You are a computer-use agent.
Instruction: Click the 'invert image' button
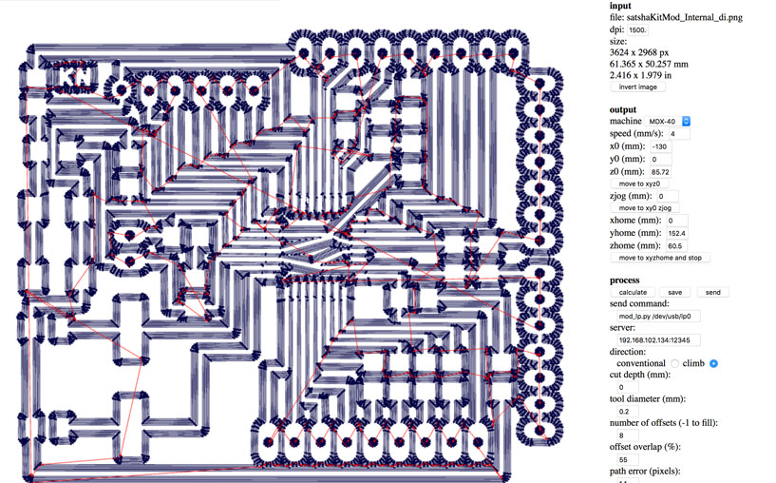(637, 87)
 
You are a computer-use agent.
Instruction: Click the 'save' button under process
(674, 292)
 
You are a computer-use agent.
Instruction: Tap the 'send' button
(712, 292)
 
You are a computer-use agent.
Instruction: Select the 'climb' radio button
(713, 363)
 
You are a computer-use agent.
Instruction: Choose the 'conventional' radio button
(674, 363)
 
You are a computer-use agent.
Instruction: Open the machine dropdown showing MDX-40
(667, 121)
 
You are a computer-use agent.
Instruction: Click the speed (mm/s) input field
(679, 134)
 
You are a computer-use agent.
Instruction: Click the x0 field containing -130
(660, 146)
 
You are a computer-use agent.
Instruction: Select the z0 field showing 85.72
(660, 172)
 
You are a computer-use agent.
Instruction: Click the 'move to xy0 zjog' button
(645, 208)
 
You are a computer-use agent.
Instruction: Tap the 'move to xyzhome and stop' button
(660, 258)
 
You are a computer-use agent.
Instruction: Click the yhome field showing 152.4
(676, 233)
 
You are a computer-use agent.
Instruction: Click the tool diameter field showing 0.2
(627, 411)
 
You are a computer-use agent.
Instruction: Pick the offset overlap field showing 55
(627, 459)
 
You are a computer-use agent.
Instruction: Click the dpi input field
(637, 29)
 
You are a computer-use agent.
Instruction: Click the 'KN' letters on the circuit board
(75, 77)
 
